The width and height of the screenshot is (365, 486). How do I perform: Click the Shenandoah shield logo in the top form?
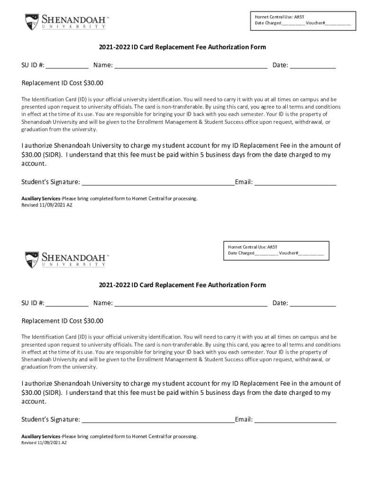pos(32,22)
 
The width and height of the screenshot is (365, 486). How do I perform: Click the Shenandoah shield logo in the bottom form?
pos(32,260)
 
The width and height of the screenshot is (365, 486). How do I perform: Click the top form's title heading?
pos(182,47)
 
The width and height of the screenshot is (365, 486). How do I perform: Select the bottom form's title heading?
pos(182,285)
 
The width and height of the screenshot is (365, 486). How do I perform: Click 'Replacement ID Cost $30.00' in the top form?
pos(62,83)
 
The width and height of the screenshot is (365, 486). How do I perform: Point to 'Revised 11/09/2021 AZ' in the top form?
pos(47,205)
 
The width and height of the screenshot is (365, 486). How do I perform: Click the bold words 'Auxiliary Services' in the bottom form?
pos(41,436)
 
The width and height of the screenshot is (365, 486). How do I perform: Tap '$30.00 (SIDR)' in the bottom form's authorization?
pos(42,393)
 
